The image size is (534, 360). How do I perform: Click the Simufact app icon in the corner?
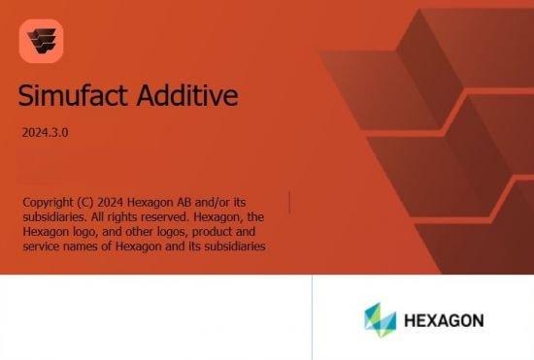pyautogui.click(x=41, y=41)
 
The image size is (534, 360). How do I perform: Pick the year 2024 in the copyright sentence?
pyautogui.click(x=121, y=202)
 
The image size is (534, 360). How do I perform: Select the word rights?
pyautogui.click(x=118, y=217)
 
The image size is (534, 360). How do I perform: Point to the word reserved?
pyautogui.click(x=164, y=217)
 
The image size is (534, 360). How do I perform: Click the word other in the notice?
pyautogui.click(x=137, y=233)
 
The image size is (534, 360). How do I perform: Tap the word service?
pyautogui.click(x=42, y=247)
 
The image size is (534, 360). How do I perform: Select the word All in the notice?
pyautogui.click(x=92, y=217)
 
